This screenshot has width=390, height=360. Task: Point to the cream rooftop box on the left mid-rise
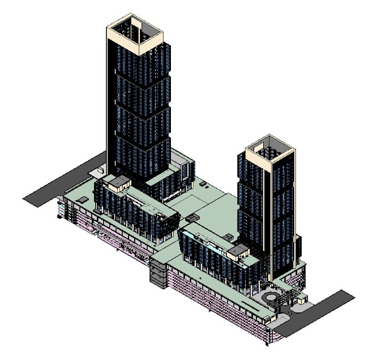119,183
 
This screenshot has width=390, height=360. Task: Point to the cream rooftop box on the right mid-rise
239,250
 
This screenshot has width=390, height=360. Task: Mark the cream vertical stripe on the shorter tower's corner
268,207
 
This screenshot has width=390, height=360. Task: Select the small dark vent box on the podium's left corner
83,200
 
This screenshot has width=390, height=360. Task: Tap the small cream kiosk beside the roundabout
302,299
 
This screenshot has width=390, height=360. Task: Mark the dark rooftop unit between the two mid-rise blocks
192,218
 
